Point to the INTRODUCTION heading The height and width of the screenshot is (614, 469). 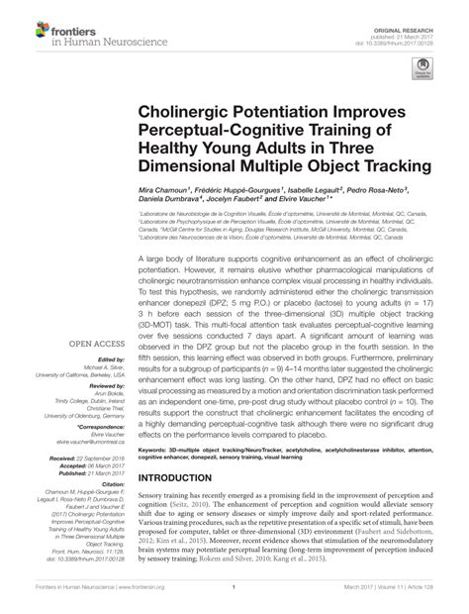pyautogui.click(x=197, y=476)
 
